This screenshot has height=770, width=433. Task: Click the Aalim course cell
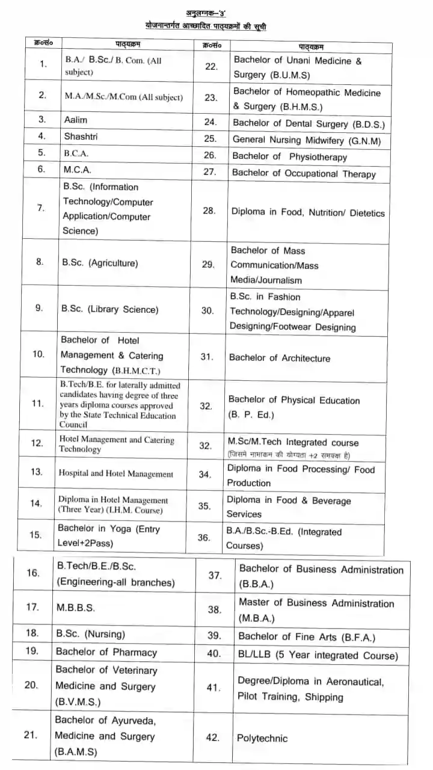tap(76, 120)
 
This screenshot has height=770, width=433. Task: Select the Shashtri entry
tap(81, 137)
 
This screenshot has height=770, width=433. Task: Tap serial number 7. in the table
tap(41, 208)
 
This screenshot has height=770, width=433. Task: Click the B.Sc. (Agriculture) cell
tap(100, 263)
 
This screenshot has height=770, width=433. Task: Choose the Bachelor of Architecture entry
tap(279, 358)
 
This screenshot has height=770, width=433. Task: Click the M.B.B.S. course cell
tap(75, 608)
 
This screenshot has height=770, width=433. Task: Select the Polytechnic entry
tap(262, 738)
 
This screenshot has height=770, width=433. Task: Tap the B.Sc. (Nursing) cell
tap(90, 634)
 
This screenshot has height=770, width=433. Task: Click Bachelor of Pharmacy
tap(106, 652)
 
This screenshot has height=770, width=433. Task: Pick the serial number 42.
tap(212, 738)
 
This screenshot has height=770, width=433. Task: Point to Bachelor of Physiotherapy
tap(289, 157)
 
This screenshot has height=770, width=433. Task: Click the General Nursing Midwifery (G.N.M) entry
tap(307, 140)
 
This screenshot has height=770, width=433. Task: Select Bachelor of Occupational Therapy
tap(304, 174)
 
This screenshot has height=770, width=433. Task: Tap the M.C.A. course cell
tap(78, 170)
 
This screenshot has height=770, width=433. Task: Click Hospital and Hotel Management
tap(115, 474)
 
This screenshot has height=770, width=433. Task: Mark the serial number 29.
tap(208, 265)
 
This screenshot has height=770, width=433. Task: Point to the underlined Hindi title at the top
tap(204, 26)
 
